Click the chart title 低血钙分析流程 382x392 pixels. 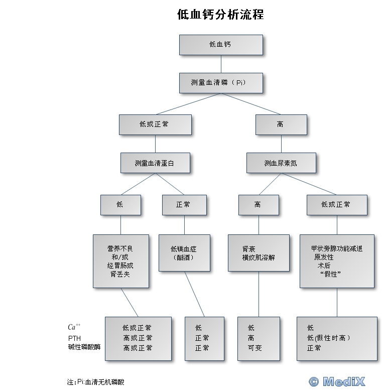[220, 14]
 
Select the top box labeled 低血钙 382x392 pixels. [221, 45]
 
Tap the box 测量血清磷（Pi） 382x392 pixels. [221, 83]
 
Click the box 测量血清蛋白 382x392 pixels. [155, 163]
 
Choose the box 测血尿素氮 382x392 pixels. [281, 163]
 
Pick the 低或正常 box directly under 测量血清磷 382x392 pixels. [155, 124]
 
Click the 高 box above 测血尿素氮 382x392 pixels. [281, 124]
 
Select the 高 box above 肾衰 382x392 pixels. [259, 205]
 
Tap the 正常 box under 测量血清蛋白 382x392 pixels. [185, 205]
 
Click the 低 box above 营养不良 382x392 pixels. [121, 205]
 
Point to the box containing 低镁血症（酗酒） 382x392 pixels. [185, 253]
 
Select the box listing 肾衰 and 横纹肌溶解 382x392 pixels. [259, 253]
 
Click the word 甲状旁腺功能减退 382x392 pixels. [337, 248]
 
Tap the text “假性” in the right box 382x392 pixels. [330, 274]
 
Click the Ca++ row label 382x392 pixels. [74, 327]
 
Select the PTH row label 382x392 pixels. [74, 338]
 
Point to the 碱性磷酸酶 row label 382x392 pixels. [84, 347]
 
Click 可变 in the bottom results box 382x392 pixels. [254, 348]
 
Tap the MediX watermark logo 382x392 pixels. [337, 381]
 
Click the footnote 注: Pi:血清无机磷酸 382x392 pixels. [95, 382]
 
